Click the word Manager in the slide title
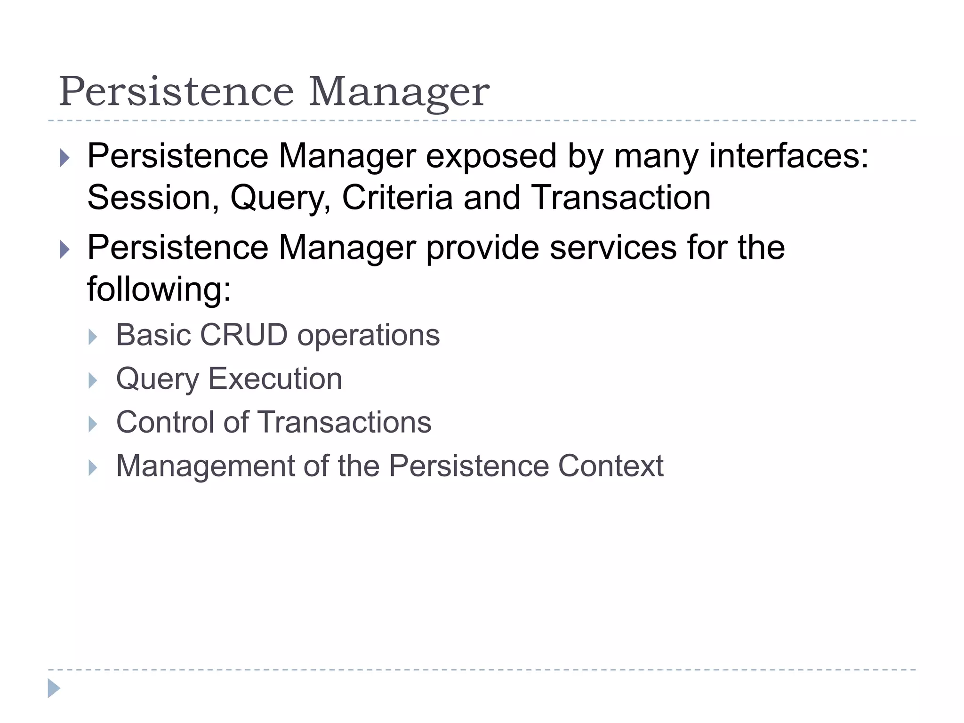[399, 92]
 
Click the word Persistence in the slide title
[176, 91]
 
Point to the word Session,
[153, 198]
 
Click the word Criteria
[397, 198]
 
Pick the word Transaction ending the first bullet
[621, 198]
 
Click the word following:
[159, 289]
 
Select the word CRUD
[243, 335]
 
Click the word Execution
[275, 379]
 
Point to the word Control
[165, 422]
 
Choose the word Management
[205, 466]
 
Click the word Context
[611, 466]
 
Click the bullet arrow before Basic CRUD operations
[93, 337]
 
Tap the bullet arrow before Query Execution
[93, 380]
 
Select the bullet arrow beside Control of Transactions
[93, 424]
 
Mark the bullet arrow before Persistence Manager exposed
[64, 158]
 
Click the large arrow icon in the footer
[54, 688]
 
